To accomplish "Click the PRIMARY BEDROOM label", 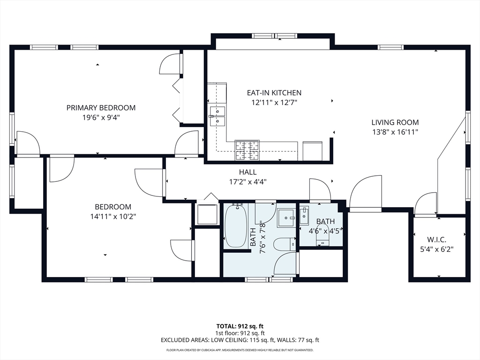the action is [101, 108].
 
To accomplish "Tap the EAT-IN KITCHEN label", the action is [274, 93].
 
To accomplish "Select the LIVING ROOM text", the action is [395, 122].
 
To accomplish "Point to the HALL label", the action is [248, 172].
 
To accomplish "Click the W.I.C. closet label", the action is [436, 240].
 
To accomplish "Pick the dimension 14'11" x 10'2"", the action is [113, 217].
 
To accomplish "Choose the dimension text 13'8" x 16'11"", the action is [395, 132].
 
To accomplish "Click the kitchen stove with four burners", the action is [247, 150].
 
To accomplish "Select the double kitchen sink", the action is [217, 116].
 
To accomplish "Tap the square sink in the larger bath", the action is [286, 218].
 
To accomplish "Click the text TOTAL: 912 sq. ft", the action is [240, 326].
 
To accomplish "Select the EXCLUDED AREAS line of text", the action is [240, 340].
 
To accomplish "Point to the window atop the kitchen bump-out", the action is [274, 36].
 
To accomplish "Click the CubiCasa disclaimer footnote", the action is [240, 350].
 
